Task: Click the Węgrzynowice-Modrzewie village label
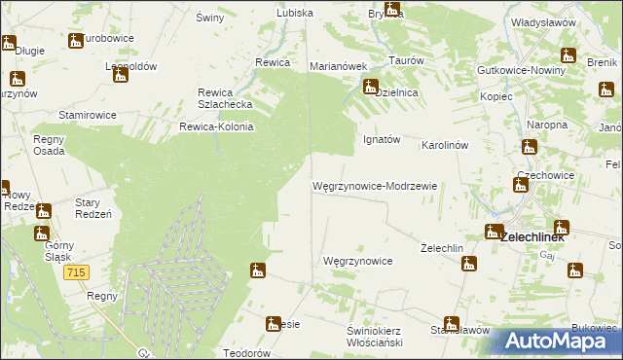375,185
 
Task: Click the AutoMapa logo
559,342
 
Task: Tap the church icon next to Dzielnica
371,88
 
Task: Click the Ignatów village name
382,139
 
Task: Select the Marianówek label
337,66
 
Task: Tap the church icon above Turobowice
76,41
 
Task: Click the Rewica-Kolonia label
216,126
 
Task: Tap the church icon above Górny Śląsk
41,234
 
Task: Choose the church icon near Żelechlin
469,263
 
